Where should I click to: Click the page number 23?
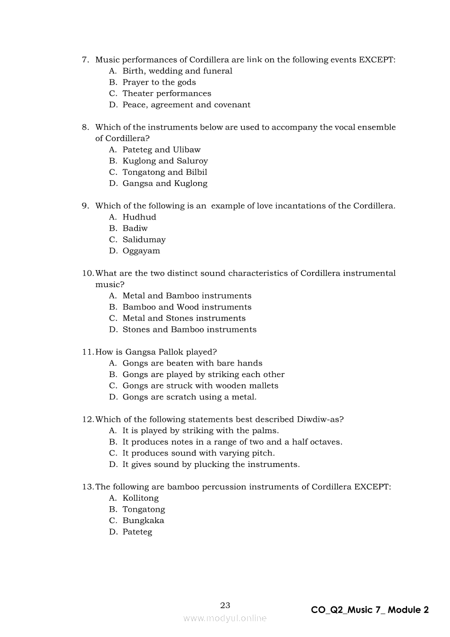point(225,605)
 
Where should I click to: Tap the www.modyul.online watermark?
point(225,618)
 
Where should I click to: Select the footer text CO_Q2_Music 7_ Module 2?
point(369,610)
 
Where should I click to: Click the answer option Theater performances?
point(167,93)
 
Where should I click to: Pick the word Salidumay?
point(144,239)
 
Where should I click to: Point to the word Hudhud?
point(139,217)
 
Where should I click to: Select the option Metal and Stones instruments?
point(184,318)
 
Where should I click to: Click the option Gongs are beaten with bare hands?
point(192,363)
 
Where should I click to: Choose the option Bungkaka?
point(143,520)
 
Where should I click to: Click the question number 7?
point(86,59)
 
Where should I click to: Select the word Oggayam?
point(141,251)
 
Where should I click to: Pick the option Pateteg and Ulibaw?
point(161,149)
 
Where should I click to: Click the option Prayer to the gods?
point(159,82)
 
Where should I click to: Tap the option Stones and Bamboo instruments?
point(189,329)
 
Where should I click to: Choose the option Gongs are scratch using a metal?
point(189,397)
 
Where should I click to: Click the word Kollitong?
point(141,498)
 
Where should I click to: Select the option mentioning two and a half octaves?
point(232,442)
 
